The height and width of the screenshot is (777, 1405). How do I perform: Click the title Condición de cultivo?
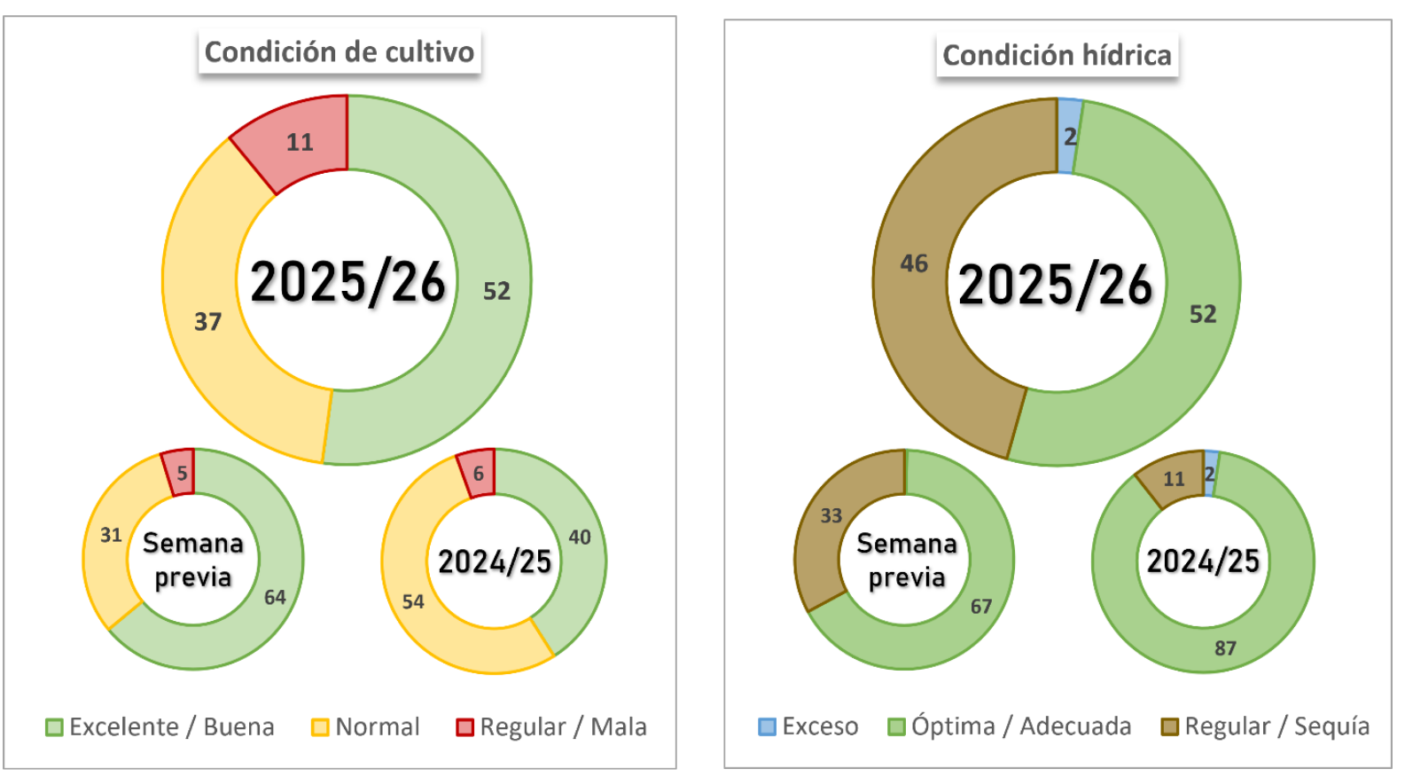coord(340,52)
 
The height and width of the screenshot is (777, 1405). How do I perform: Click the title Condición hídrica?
coord(1057,56)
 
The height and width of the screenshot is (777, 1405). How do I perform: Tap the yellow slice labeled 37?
coord(208,321)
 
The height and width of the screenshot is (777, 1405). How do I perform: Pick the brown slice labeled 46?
coord(914,263)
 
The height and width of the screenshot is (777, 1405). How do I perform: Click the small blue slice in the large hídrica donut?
coord(1069,136)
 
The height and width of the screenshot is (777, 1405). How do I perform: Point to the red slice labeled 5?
coord(181,472)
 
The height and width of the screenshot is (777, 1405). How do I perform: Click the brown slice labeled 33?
coord(831,515)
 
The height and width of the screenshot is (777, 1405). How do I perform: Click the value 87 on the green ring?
coord(1225,648)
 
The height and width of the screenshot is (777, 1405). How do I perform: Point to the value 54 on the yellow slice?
coord(413,602)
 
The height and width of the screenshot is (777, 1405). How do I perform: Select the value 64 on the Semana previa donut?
coord(275,597)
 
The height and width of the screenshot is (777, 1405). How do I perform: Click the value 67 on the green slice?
coord(981,607)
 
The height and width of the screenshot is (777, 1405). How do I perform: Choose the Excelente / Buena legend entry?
coord(160,727)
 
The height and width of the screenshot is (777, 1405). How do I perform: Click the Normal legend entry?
coord(365,727)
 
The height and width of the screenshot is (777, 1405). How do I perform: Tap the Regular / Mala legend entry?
coord(551,727)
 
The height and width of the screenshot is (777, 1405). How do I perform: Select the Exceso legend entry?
coord(808,726)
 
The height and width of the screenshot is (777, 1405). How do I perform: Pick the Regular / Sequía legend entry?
coord(1266,726)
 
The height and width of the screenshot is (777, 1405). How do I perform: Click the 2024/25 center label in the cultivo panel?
coord(495,561)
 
